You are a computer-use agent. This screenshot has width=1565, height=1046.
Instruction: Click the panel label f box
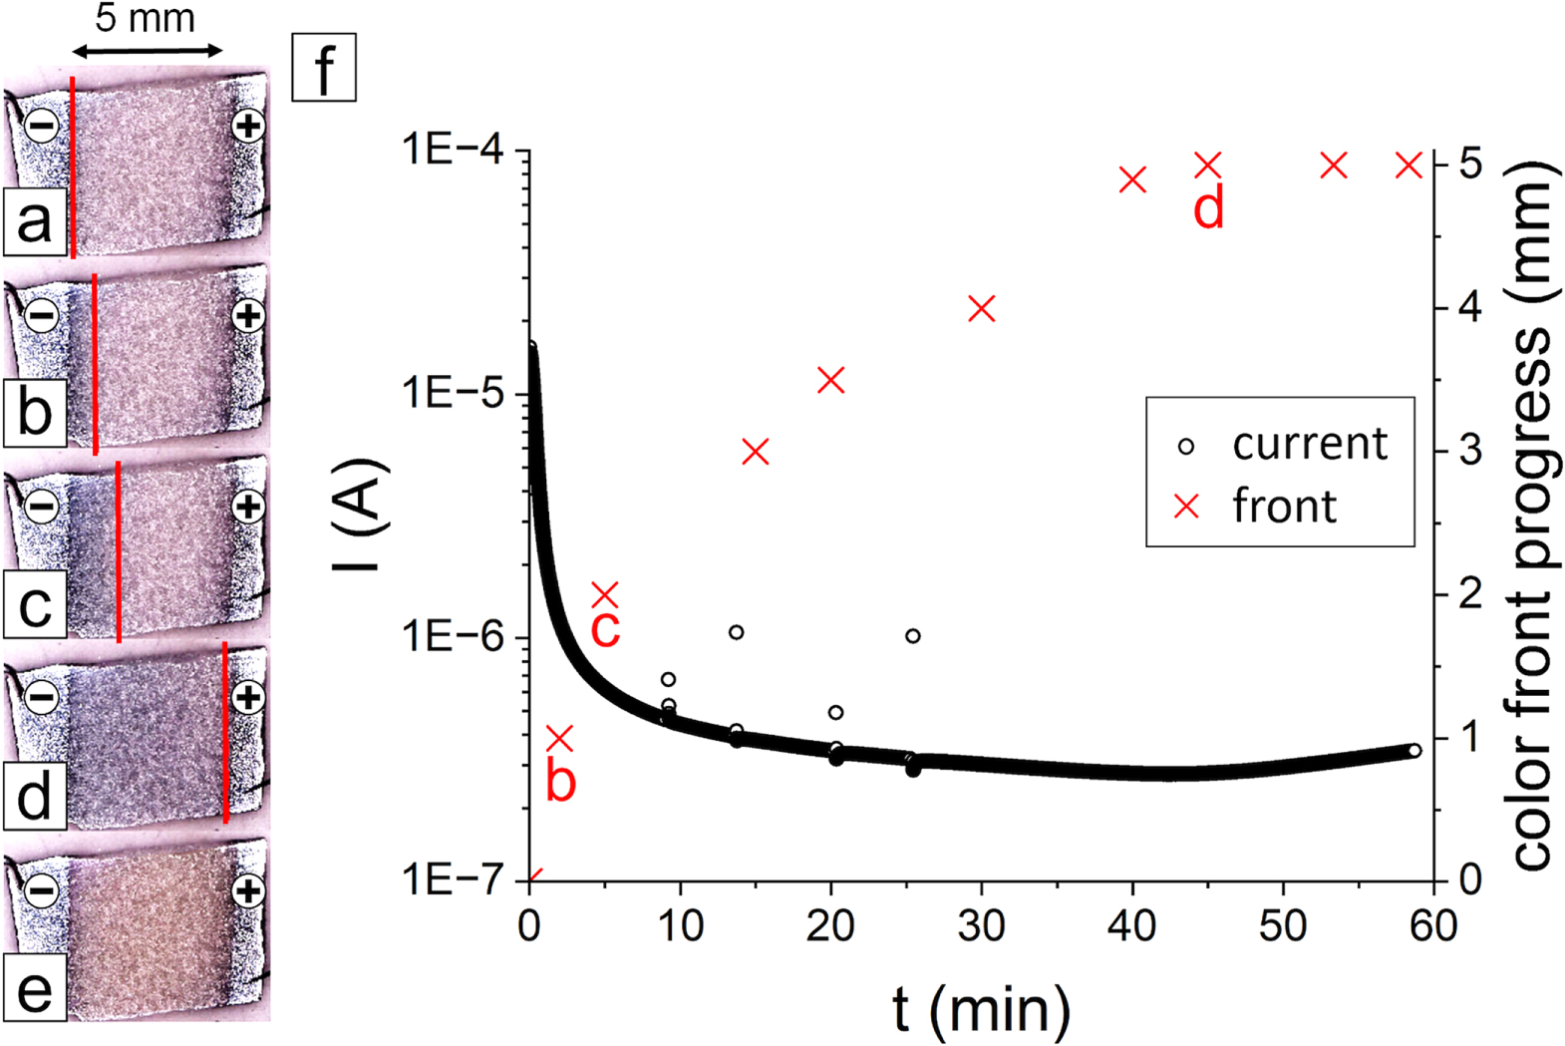pyautogui.click(x=323, y=68)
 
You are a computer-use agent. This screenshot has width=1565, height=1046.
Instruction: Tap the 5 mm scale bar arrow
pyautogui.click(x=147, y=50)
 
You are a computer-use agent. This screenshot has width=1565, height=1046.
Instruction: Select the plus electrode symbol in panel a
pyautogui.click(x=247, y=127)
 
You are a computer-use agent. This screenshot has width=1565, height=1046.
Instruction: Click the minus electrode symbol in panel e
pyautogui.click(x=41, y=887)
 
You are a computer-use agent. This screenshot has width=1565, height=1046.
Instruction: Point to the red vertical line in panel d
pyautogui.click(x=225, y=733)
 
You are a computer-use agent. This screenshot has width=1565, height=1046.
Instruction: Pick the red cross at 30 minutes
pyautogui.click(x=982, y=309)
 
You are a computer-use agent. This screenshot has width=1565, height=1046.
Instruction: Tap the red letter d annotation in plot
pyautogui.click(x=1208, y=210)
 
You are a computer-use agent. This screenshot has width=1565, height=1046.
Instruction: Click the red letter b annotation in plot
pyautogui.click(x=561, y=782)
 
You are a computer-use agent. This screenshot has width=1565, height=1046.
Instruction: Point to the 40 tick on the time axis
pyautogui.click(x=1132, y=926)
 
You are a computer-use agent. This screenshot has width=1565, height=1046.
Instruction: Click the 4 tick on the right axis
pyautogui.click(x=1469, y=307)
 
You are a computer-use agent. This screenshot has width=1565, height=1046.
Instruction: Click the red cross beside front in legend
pyautogui.click(x=1186, y=507)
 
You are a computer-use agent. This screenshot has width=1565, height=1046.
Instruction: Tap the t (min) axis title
pyautogui.click(x=981, y=1008)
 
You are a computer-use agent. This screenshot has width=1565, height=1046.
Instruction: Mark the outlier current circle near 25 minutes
pyautogui.click(x=912, y=635)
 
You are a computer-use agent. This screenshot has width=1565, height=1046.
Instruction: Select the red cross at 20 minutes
pyautogui.click(x=830, y=380)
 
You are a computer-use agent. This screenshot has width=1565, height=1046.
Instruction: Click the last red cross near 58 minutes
pyautogui.click(x=1408, y=166)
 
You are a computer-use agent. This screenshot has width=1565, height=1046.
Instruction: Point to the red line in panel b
pyautogui.click(x=95, y=364)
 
